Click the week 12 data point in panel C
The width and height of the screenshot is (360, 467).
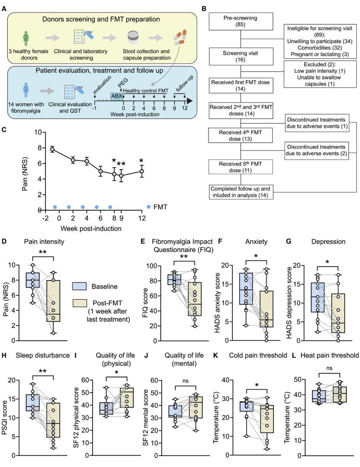[x=142, y=171]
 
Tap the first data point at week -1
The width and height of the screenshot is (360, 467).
[x=52, y=149]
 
